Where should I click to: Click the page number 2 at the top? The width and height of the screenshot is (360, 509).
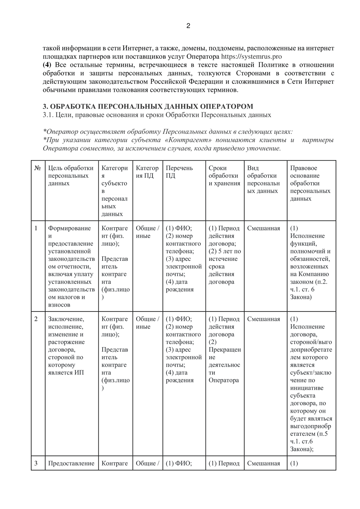tap(188, 26)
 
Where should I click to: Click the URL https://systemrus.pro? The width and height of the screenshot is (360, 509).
tap(251, 57)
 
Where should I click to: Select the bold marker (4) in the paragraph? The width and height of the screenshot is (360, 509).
tap(47, 65)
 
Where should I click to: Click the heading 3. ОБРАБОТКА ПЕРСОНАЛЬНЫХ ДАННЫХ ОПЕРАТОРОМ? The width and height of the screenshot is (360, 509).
tap(148, 107)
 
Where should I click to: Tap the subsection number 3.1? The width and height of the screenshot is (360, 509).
tap(48, 115)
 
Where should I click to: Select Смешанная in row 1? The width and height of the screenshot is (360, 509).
tap(263, 228)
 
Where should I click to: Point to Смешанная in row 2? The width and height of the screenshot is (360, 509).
tap(263, 319)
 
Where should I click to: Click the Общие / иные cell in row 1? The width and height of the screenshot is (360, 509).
tap(147, 232)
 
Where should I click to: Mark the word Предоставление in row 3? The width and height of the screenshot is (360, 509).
tap(71, 463)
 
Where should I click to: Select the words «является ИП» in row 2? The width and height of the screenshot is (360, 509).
tap(66, 373)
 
